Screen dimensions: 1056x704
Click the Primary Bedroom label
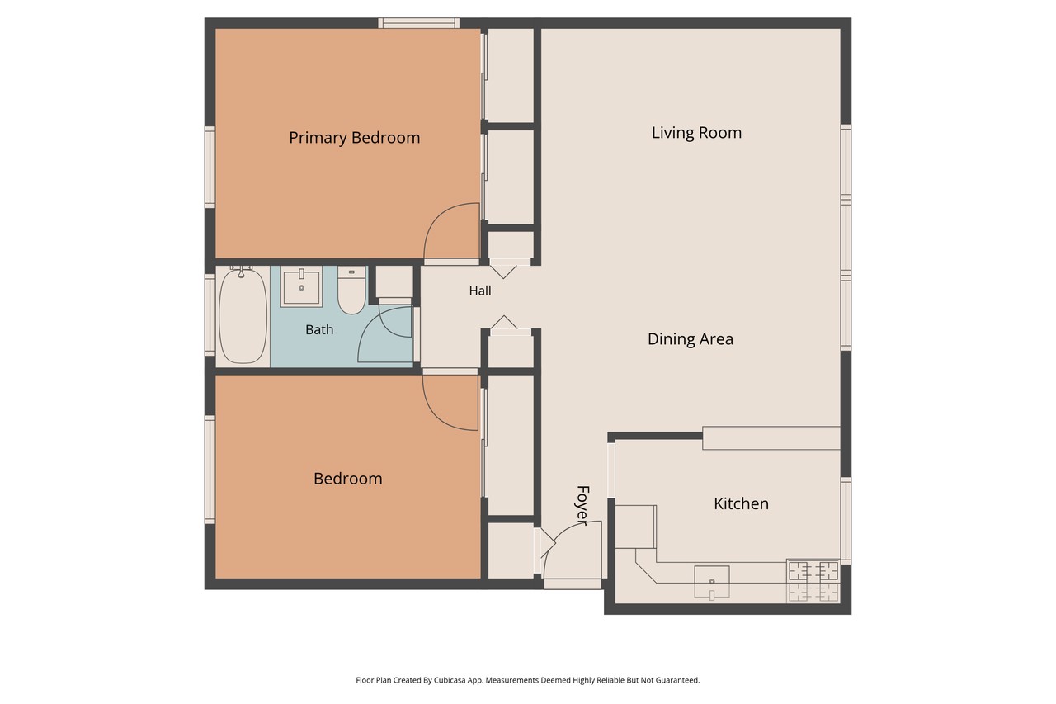tap(355, 138)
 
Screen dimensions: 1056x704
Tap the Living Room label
tap(696, 133)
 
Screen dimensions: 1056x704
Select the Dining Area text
tap(691, 339)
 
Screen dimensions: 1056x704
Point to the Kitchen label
tap(741, 503)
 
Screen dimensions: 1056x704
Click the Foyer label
tap(582, 505)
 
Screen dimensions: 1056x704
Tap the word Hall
tap(480, 291)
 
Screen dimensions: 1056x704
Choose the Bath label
tap(319, 329)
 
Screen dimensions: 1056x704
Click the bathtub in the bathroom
tap(243, 315)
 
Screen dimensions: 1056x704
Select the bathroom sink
tap(302, 286)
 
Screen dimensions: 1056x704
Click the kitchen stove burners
tap(813, 581)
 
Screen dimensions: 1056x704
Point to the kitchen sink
tap(712, 583)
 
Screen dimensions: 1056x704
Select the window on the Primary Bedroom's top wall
tap(418, 23)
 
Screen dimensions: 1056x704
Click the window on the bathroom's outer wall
tap(210, 315)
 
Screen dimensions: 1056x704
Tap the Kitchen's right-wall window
tap(846, 521)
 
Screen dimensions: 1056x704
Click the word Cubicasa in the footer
tap(451, 680)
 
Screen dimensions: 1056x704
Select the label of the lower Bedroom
tap(348, 479)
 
